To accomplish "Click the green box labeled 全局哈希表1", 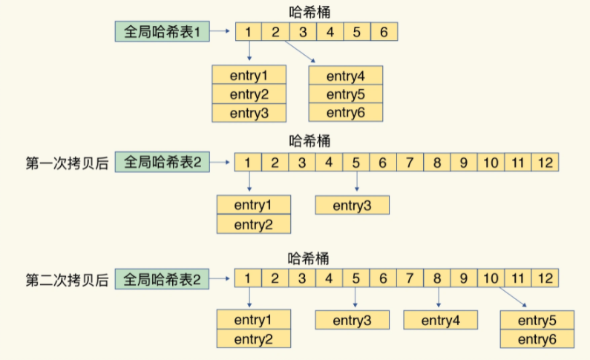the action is [x=163, y=31].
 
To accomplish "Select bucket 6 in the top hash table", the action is [x=384, y=32].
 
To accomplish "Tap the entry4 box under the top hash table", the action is [x=345, y=76].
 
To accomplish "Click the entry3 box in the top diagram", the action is [x=249, y=113].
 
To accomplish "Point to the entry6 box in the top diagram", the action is [x=345, y=112].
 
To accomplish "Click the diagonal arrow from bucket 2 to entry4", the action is [x=300, y=51].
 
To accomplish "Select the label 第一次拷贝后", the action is [x=67, y=163].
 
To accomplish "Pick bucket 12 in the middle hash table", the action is [x=545, y=163].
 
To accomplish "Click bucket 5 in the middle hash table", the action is [x=356, y=163].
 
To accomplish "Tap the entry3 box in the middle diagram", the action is [x=353, y=206].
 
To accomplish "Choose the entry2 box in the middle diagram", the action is [x=254, y=224].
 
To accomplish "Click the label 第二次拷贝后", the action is [x=67, y=281].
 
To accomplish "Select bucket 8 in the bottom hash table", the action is [x=437, y=278].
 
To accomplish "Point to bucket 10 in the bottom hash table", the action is [x=491, y=278].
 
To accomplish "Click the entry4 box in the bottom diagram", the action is [x=441, y=320].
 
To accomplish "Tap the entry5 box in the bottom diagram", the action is [x=537, y=320].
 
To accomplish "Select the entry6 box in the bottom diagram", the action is [x=537, y=339].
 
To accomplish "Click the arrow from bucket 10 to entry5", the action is [x=513, y=297].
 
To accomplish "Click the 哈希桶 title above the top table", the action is [x=309, y=12].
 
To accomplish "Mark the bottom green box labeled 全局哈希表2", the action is [x=162, y=279].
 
